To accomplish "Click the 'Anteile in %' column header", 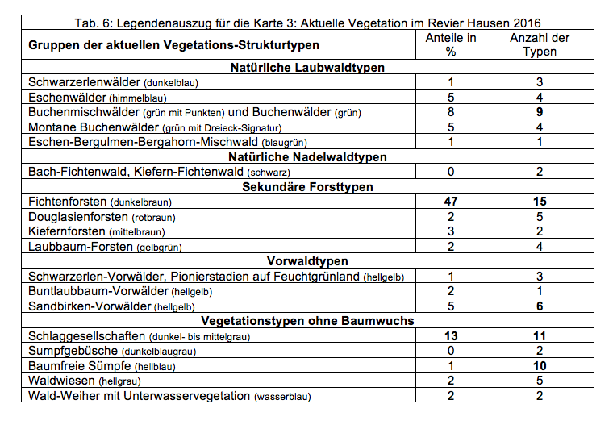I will pyautogui.click(x=450, y=44).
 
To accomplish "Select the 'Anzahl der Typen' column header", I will pyautogui.click(x=540, y=44).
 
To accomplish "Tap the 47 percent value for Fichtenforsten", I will pyautogui.click(x=450, y=202).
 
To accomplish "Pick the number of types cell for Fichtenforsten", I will pyautogui.click(x=540, y=202).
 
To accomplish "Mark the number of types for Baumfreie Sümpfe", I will pyautogui.click(x=540, y=366).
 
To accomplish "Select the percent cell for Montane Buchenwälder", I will pyautogui.click(x=450, y=127).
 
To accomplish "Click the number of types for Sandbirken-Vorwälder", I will pyautogui.click(x=540, y=306).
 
